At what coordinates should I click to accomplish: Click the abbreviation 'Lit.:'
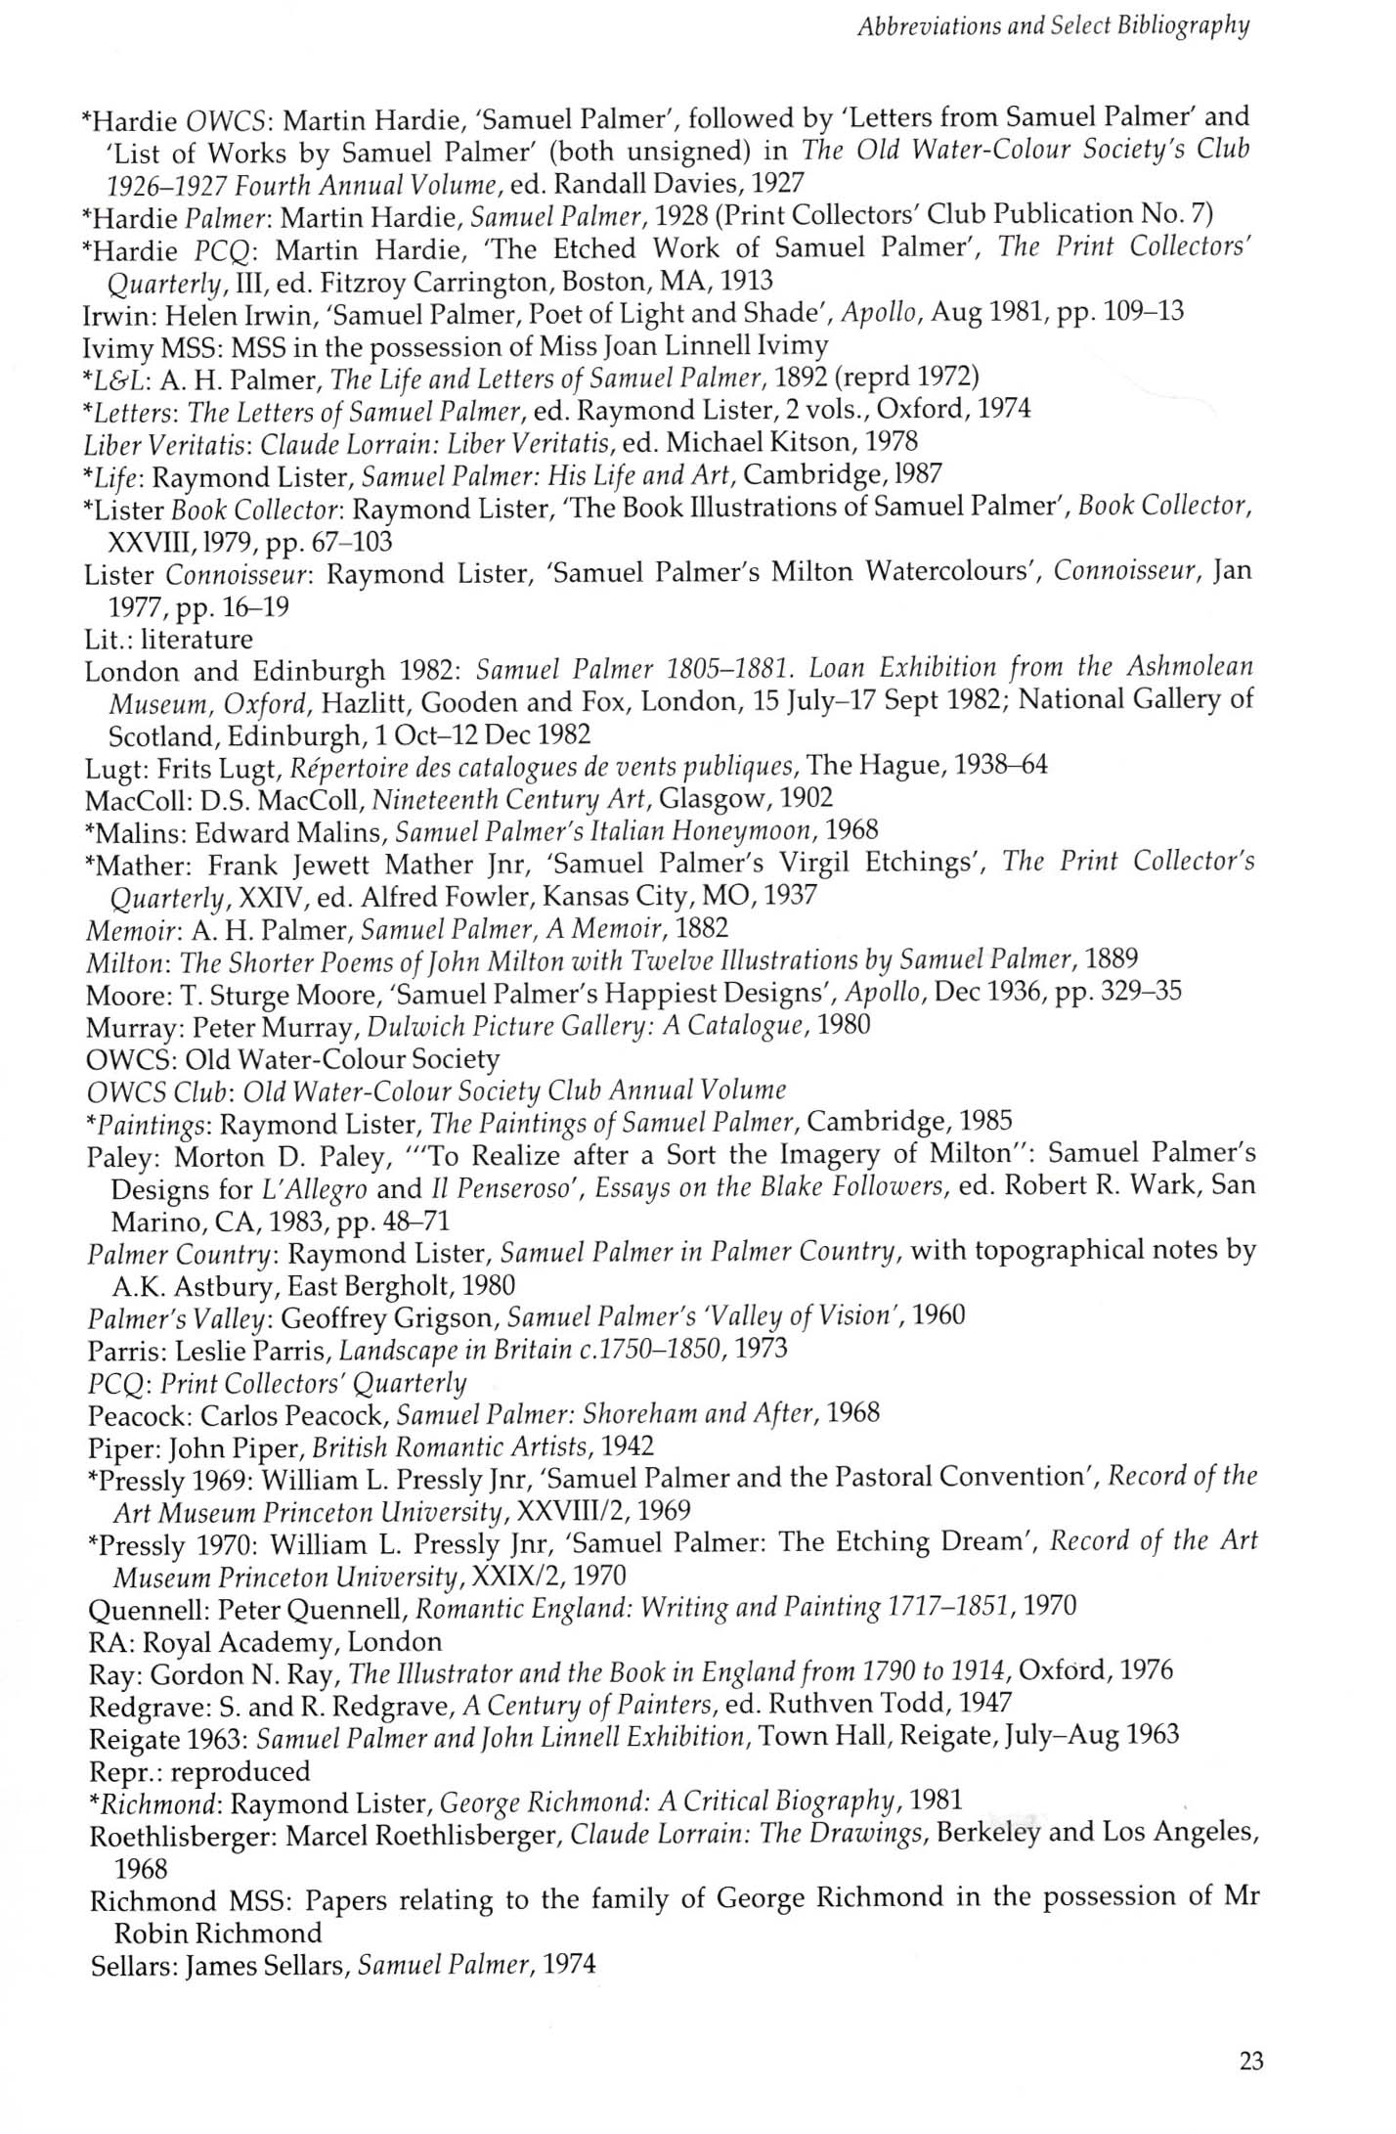[x=109, y=640]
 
